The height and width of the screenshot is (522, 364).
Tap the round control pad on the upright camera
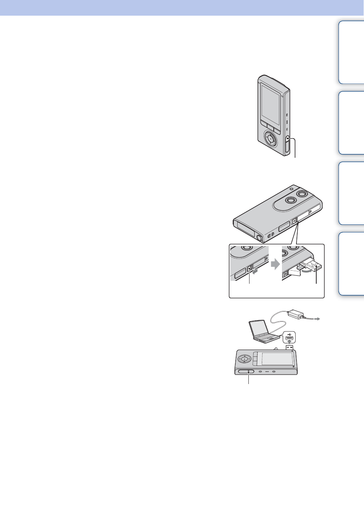(x=271, y=139)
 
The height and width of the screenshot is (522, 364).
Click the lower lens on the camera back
(x=289, y=201)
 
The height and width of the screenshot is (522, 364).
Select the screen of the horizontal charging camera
(x=277, y=359)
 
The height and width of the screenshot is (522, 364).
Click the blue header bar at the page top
(x=182, y=7)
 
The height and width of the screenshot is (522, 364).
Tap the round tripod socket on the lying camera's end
(x=259, y=238)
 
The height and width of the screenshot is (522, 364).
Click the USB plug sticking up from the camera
(x=290, y=348)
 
